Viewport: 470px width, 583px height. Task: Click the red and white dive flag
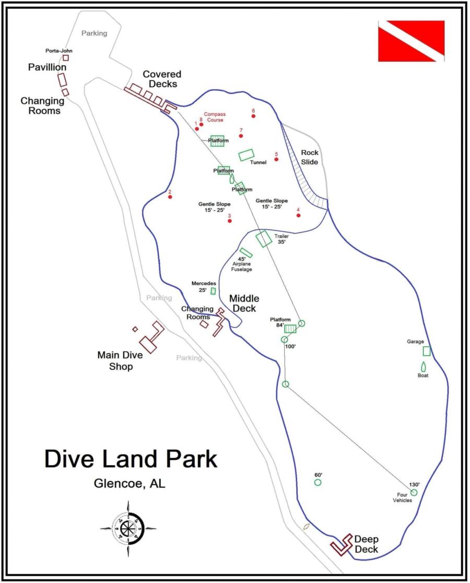point(411,41)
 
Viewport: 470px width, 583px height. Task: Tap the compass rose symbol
point(128,528)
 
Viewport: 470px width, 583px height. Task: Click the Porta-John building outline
point(66,57)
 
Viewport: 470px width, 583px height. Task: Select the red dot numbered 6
point(253,116)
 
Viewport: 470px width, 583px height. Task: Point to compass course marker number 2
point(170,197)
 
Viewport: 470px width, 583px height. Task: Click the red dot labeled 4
point(298,215)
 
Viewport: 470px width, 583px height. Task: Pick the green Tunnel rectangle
point(246,155)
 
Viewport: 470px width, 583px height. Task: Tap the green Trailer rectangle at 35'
point(264,238)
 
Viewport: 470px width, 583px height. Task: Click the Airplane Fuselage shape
point(246,253)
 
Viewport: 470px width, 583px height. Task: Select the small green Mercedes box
point(213,291)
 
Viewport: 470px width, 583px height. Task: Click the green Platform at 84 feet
point(290,328)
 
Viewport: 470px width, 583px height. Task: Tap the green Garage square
point(427,351)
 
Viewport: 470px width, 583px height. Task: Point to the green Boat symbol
point(423,367)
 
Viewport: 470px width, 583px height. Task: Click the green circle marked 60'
point(318,482)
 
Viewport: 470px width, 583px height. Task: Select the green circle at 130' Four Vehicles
point(414,492)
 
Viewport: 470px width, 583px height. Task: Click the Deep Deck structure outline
point(343,545)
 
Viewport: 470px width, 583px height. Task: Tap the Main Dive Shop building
point(151,339)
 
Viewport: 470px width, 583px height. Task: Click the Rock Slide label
point(309,157)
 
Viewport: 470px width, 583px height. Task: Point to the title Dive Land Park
point(131,459)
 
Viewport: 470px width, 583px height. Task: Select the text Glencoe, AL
point(129,484)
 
